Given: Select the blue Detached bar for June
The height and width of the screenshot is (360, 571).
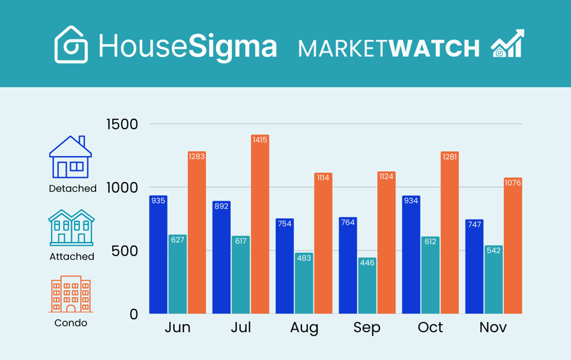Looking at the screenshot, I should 158,255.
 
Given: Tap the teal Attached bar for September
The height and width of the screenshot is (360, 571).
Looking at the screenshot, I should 367,286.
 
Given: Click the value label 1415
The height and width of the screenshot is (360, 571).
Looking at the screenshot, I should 259,140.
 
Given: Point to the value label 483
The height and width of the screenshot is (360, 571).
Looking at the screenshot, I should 304,258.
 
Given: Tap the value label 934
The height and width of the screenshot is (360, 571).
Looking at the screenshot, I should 411,200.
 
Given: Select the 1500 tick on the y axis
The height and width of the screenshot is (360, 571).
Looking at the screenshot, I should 122,125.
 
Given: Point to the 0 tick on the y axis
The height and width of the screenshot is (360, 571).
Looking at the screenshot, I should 134,314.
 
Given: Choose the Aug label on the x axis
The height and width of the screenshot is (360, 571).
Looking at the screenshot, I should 304,327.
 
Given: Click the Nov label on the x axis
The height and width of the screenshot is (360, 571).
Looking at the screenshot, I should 493,327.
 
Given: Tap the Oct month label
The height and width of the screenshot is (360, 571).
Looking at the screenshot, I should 430,327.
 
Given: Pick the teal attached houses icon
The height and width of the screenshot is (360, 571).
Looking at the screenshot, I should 71,227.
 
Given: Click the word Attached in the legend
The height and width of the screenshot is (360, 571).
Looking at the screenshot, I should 72,257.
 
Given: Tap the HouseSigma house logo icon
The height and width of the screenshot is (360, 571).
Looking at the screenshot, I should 71,44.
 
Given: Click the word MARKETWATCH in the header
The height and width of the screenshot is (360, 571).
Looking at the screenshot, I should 389,48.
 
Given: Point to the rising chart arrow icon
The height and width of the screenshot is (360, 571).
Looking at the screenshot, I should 507,43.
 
